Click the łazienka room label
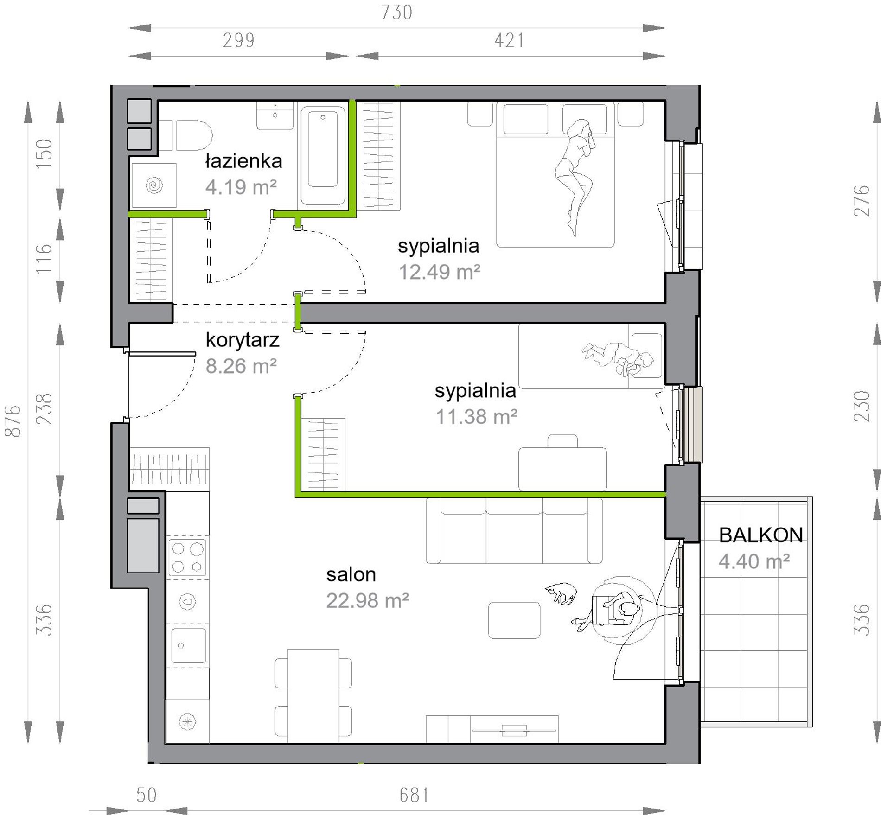[x=243, y=161]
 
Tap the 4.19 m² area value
[x=241, y=187]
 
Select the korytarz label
[x=243, y=340]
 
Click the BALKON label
[x=761, y=535]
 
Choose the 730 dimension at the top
[x=397, y=12]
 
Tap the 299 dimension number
[x=239, y=40]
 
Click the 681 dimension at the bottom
[x=414, y=795]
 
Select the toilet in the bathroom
[x=186, y=135]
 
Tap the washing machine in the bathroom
[x=154, y=185]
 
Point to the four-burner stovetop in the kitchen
[x=187, y=557]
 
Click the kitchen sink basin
[x=189, y=646]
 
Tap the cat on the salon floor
[x=561, y=593]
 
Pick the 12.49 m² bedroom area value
[x=440, y=272]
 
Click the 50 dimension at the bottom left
[x=147, y=795]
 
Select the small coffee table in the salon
[x=514, y=620]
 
